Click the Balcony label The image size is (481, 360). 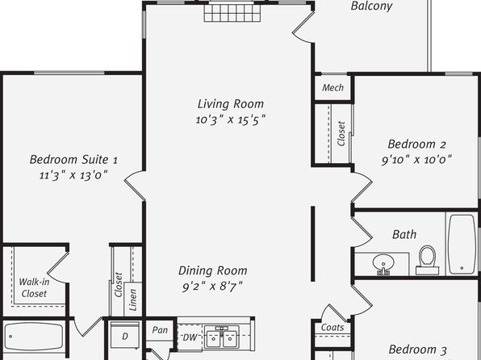[371, 6]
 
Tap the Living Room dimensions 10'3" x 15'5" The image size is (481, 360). [231, 119]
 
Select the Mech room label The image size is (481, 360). [333, 88]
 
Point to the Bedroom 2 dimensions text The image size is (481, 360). [416, 160]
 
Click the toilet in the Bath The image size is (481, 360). [427, 260]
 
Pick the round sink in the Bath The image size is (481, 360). [383, 264]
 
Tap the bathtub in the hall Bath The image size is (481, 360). [462, 245]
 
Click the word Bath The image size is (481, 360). [404, 234]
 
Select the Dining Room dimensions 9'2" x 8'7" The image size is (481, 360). [212, 287]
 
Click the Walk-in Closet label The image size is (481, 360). [34, 287]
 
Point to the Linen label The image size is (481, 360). [132, 299]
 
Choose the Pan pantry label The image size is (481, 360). [160, 330]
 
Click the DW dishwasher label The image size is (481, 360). [190, 337]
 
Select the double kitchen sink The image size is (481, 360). [221, 337]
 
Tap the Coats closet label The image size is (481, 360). [333, 328]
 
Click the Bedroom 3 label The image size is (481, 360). [417, 350]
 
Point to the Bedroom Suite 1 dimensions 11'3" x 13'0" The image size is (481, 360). [73, 175]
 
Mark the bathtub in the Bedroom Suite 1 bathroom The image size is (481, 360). [33, 337]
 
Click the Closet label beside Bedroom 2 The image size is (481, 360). [341, 133]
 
